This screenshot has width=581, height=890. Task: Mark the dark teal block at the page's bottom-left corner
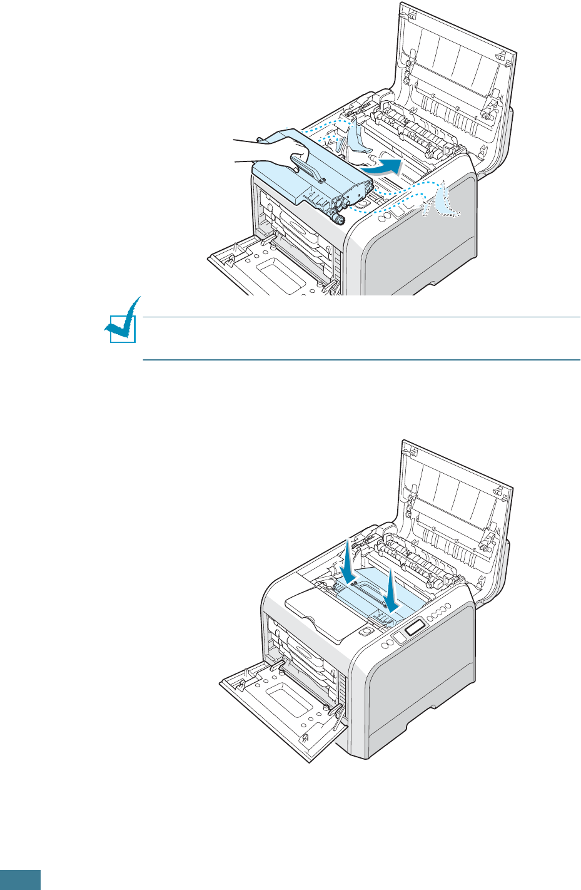point(20,879)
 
